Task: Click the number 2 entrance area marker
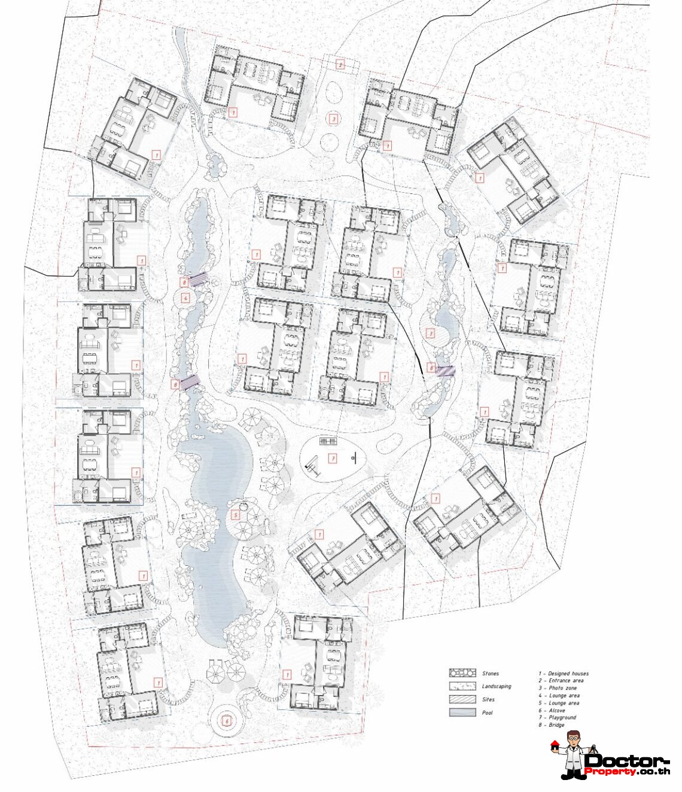coord(340,65)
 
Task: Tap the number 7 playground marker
coord(333,459)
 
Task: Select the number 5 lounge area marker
coord(236,515)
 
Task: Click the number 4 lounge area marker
coord(185,298)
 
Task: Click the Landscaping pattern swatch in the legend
coord(462,686)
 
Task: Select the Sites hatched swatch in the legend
coord(462,699)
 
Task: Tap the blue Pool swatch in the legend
coord(462,712)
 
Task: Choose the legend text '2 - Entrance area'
coord(561,681)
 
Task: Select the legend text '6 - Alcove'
coord(552,710)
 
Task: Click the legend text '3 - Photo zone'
coord(558,688)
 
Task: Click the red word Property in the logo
coord(610,771)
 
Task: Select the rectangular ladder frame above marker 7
coord(329,442)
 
